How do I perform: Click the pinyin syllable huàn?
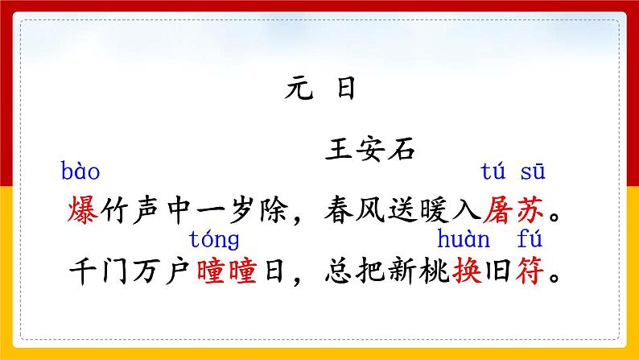(x=463, y=239)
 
